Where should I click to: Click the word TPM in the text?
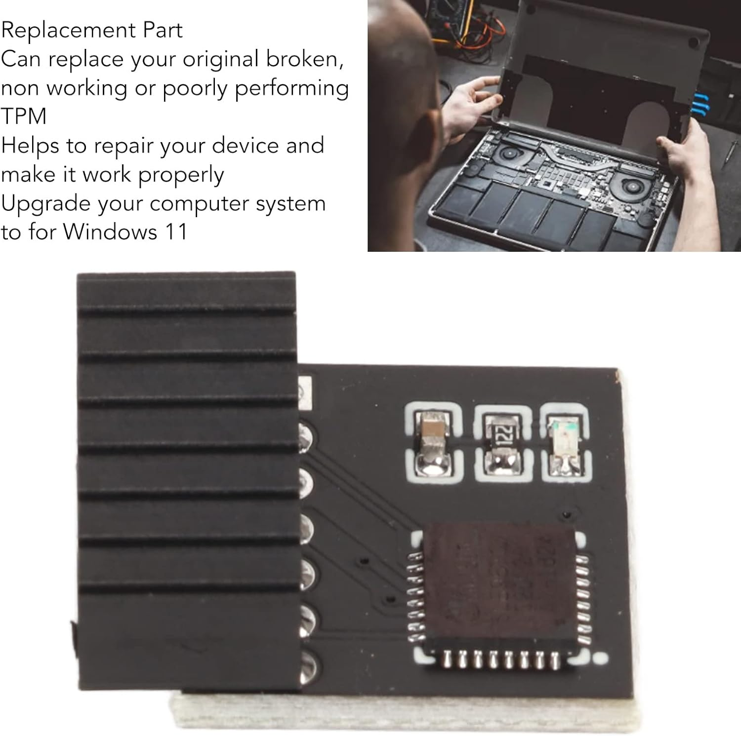(x=24, y=116)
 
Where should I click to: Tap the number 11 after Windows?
(x=176, y=232)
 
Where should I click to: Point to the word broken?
(x=304, y=59)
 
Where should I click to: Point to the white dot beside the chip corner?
(x=601, y=659)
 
